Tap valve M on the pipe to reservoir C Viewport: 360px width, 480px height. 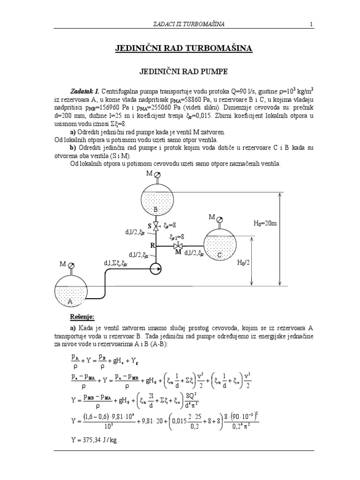[x=178, y=246]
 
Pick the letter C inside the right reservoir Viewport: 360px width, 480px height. [x=219, y=255]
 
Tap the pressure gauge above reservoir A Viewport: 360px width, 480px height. [x=70, y=264]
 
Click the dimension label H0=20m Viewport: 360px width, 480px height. [x=266, y=224]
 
